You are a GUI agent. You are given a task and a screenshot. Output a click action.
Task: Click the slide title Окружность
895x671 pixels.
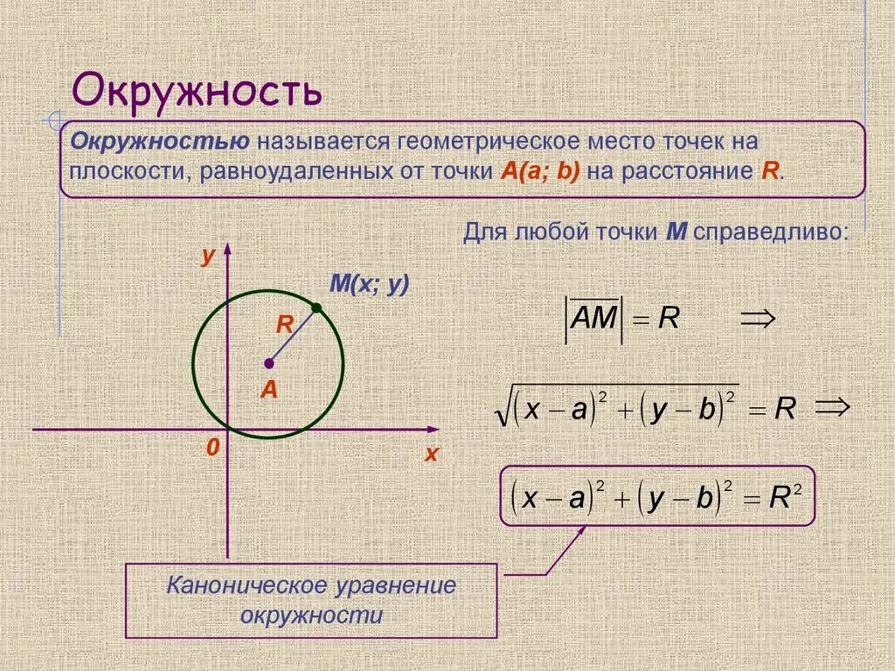197,90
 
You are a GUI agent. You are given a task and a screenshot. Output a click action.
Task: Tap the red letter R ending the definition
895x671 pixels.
769,170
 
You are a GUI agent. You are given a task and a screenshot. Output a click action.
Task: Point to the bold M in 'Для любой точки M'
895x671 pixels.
675,232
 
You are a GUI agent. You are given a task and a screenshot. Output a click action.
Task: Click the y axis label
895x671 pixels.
207,255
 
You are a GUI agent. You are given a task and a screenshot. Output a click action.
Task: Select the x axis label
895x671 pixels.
430,453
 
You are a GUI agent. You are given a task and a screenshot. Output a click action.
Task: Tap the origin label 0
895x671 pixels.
212,447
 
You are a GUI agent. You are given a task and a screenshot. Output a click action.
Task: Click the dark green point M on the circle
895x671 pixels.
316,308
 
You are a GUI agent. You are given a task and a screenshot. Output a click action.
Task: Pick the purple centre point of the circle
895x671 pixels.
268,363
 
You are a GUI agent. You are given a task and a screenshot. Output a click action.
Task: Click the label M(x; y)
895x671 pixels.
369,284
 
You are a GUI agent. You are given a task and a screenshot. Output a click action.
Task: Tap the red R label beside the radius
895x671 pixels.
284,324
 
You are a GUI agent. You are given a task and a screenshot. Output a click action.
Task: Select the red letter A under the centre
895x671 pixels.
268,390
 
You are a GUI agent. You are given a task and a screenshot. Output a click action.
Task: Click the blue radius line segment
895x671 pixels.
293,335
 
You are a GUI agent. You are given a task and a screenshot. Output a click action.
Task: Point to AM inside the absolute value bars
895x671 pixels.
593,319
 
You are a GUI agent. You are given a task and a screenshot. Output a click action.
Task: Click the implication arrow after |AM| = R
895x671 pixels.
757,319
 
